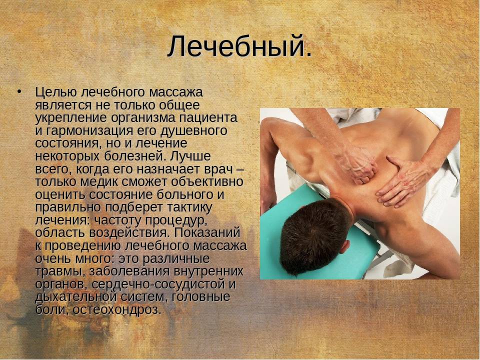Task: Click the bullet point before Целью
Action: click(x=19, y=91)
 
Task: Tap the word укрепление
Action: click(x=71, y=118)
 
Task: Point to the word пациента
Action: click(x=208, y=118)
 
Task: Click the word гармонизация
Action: click(x=89, y=131)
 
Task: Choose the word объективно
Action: click(x=207, y=182)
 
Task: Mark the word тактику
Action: click(x=189, y=207)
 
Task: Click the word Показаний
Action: click(x=207, y=232)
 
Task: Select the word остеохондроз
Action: click(x=116, y=310)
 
